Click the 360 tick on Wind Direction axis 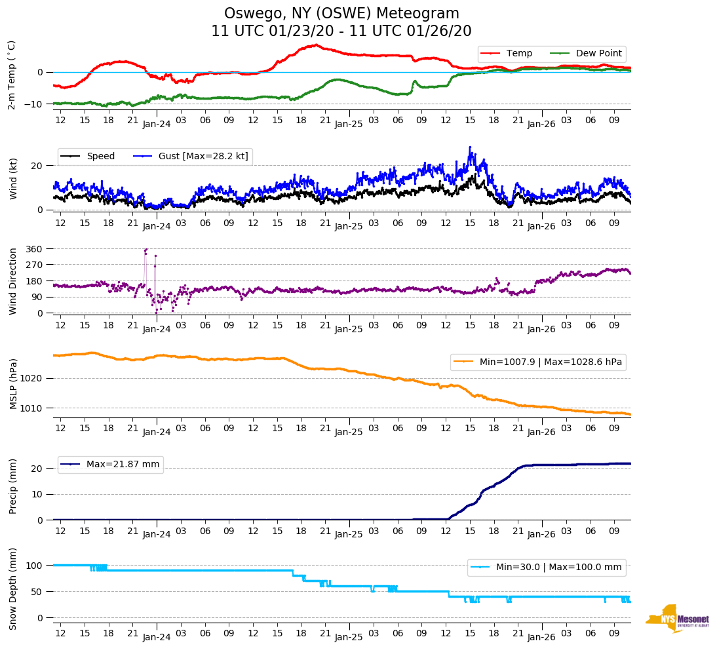click(34, 249)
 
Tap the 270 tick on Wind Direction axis click(34, 265)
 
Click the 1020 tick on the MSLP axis click(31, 379)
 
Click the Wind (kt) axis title click(13, 174)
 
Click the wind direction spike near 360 click(145, 250)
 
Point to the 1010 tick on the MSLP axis click(31, 408)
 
